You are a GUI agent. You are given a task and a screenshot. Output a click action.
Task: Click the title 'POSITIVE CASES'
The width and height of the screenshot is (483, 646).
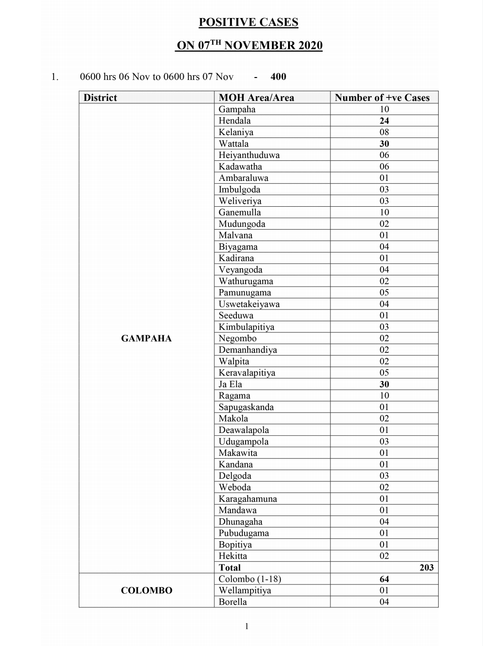pyautogui.click(x=248, y=22)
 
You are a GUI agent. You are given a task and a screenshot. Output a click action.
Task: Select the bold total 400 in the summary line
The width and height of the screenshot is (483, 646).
pyautogui.click(x=278, y=77)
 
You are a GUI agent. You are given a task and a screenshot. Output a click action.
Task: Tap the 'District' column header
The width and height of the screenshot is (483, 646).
pyautogui.click(x=100, y=98)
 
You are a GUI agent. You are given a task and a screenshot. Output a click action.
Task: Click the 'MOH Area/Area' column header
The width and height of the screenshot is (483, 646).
pyautogui.click(x=256, y=98)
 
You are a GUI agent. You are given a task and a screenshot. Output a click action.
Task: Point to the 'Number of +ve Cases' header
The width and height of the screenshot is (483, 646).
pyautogui.click(x=382, y=98)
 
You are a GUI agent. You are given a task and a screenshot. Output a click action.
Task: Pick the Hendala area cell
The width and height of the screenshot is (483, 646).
pyautogui.click(x=234, y=121)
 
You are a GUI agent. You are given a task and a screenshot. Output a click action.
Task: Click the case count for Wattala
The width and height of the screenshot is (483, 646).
pyautogui.click(x=384, y=144)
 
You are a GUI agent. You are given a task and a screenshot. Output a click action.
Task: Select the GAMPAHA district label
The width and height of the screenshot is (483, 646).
pyautogui.click(x=146, y=338)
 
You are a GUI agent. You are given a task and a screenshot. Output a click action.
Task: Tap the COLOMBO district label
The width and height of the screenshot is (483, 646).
pyautogui.click(x=146, y=590)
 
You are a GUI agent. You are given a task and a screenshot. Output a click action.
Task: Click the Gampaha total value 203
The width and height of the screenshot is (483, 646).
pyautogui.click(x=426, y=568)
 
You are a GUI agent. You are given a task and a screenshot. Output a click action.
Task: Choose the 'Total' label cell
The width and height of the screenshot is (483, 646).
pyautogui.click(x=230, y=568)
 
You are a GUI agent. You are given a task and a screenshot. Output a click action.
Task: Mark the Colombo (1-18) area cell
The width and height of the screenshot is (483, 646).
pyautogui.click(x=250, y=579)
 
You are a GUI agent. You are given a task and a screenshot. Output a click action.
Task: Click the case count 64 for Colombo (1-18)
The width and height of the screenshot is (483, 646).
pyautogui.click(x=384, y=579)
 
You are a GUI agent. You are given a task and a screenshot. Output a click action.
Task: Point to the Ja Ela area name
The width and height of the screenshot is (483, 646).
pyautogui.click(x=230, y=384)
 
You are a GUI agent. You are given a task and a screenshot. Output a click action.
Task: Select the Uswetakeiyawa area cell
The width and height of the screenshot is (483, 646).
pyautogui.click(x=249, y=304)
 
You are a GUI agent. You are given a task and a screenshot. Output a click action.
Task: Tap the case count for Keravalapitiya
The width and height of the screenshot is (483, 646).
pyautogui.click(x=384, y=373)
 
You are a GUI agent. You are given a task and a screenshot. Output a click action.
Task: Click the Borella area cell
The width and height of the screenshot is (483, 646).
pyautogui.click(x=232, y=602)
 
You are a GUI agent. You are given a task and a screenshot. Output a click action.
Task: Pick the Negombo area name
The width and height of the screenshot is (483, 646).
pyautogui.click(x=237, y=338)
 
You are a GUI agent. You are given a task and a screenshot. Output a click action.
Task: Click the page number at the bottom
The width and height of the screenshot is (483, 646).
pyautogui.click(x=247, y=626)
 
